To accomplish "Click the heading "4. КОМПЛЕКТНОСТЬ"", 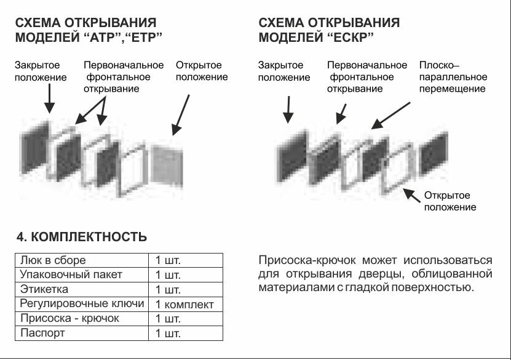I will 81,237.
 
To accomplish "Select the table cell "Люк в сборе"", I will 53,260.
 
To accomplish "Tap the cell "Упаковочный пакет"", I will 71,274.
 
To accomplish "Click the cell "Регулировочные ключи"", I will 82,304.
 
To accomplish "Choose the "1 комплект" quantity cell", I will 184,305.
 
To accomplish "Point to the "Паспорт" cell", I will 42,334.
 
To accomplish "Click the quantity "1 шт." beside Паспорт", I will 168,334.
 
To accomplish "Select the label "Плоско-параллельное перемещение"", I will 453,77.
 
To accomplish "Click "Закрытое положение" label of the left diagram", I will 41,71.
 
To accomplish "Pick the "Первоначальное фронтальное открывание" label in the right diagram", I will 366,77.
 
